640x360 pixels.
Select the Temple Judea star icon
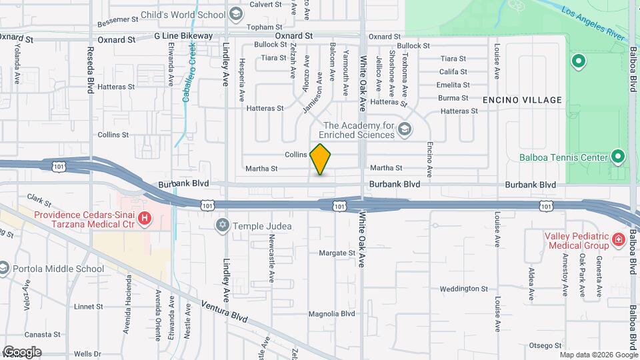(x=222, y=226)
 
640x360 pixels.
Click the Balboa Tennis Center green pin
(x=618, y=157)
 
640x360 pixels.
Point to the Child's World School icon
(x=235, y=14)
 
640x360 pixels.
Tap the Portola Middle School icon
(x=5, y=269)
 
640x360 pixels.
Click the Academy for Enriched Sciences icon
(x=404, y=129)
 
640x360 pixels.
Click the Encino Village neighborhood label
(x=522, y=100)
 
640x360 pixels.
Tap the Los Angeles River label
(x=593, y=22)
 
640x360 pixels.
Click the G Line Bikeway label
(x=183, y=35)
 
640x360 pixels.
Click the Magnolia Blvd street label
(x=333, y=314)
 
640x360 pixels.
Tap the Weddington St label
(x=464, y=289)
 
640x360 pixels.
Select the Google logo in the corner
(x=22, y=351)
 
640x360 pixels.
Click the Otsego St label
(x=545, y=345)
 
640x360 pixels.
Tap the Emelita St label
(x=453, y=85)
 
